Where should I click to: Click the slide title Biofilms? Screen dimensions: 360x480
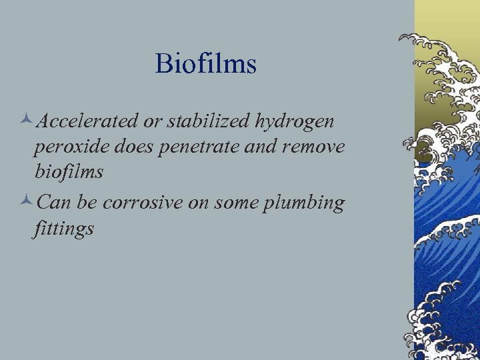[205, 64]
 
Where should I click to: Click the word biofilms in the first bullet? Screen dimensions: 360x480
[69, 171]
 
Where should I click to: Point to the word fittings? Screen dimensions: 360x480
[64, 229]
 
